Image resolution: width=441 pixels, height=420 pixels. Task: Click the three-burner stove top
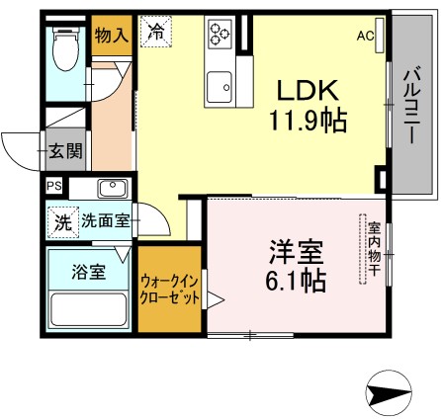click(x=220, y=36)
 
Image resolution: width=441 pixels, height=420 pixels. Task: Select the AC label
click(x=366, y=36)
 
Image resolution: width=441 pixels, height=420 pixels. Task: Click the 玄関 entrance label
click(x=67, y=153)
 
